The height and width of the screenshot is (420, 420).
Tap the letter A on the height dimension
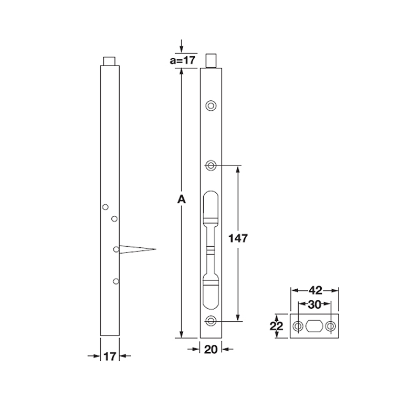(x=181, y=200)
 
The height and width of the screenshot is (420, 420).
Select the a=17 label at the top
(x=182, y=60)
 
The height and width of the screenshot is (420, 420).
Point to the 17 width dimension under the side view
(x=109, y=356)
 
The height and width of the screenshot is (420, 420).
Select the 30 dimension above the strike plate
(x=314, y=304)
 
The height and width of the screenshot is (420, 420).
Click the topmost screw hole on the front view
(x=211, y=106)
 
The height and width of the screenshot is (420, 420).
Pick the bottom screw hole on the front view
(x=211, y=321)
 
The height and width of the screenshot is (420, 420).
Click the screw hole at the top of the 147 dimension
(x=211, y=166)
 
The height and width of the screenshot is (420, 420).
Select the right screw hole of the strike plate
(x=330, y=327)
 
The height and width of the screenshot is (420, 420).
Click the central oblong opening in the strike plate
(x=314, y=327)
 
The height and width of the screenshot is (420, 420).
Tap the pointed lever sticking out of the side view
(x=139, y=248)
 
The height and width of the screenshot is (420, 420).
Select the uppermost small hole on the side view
(x=106, y=206)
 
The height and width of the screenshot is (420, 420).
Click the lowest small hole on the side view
(x=115, y=281)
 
